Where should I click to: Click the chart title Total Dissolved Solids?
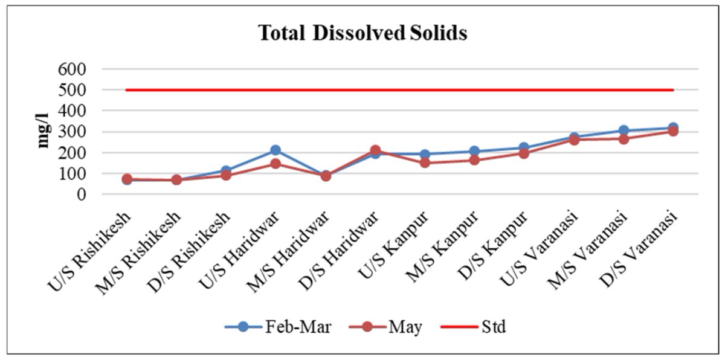(x=362, y=33)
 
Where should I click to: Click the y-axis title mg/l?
(x=43, y=130)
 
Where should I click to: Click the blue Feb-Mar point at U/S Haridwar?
(x=275, y=150)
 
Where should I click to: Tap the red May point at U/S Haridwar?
(x=275, y=164)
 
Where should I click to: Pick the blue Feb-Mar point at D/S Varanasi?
(x=672, y=128)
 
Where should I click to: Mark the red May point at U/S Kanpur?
(x=425, y=162)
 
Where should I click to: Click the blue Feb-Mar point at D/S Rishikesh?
(x=226, y=171)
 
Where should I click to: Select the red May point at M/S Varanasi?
(x=623, y=139)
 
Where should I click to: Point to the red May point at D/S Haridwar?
(x=375, y=150)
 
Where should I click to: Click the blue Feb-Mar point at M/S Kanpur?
(x=474, y=152)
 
